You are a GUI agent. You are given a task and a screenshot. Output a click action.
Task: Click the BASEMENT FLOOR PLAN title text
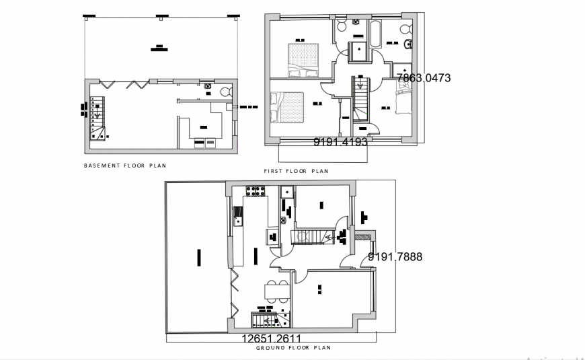(x=124, y=165)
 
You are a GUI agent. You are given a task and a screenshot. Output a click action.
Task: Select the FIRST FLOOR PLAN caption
(x=296, y=171)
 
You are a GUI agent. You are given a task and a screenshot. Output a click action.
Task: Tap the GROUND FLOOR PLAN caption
(x=293, y=348)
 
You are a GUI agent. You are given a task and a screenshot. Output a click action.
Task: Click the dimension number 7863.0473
(x=424, y=78)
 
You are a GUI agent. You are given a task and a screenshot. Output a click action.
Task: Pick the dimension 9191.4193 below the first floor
(x=340, y=142)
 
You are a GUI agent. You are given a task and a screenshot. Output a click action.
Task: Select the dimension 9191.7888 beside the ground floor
(x=395, y=256)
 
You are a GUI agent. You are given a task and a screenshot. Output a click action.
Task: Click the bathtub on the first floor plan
(x=375, y=32)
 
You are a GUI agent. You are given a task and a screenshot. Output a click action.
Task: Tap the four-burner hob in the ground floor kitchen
(x=256, y=191)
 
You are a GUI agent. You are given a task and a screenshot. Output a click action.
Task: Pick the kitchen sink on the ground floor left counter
(x=238, y=216)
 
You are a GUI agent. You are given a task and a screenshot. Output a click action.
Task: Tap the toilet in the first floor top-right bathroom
(x=404, y=29)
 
